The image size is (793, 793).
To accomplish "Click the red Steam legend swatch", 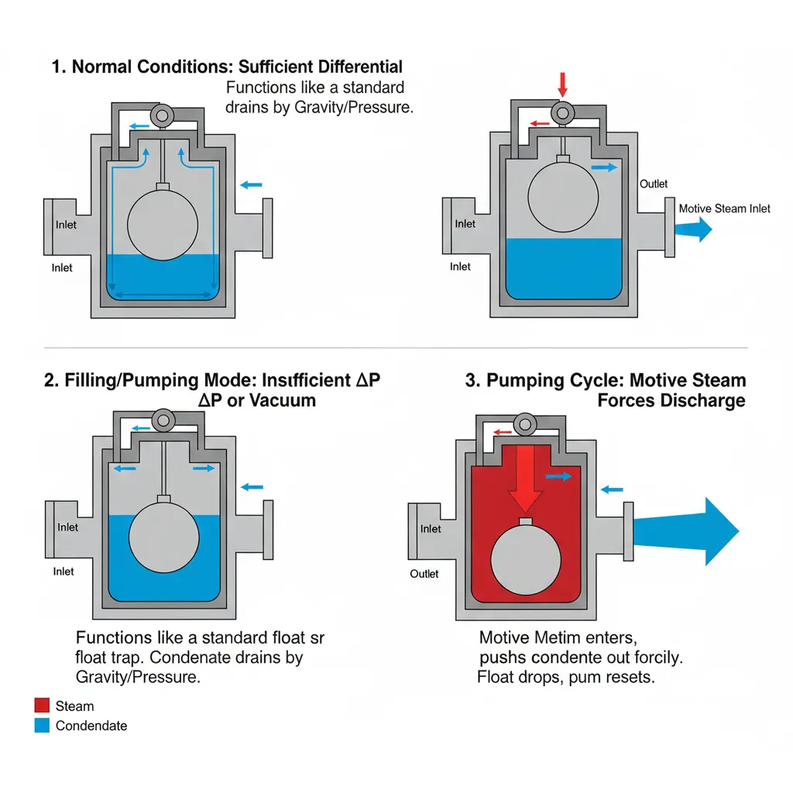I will [x=42, y=705].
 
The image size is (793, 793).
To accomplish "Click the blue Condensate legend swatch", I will [x=42, y=726].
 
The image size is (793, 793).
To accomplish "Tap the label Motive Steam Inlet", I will [x=724, y=208].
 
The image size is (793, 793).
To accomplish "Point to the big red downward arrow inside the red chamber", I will [x=527, y=476].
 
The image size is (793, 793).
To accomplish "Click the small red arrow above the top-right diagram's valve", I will [x=563, y=84].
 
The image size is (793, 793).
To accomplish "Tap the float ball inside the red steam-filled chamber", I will [x=527, y=560].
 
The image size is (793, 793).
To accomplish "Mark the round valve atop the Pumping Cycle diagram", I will [x=527, y=423].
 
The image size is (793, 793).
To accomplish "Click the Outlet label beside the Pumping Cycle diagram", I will [x=424, y=574].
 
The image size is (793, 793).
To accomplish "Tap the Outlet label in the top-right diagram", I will [x=654, y=184].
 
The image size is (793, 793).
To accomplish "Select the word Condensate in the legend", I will [x=91, y=726].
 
